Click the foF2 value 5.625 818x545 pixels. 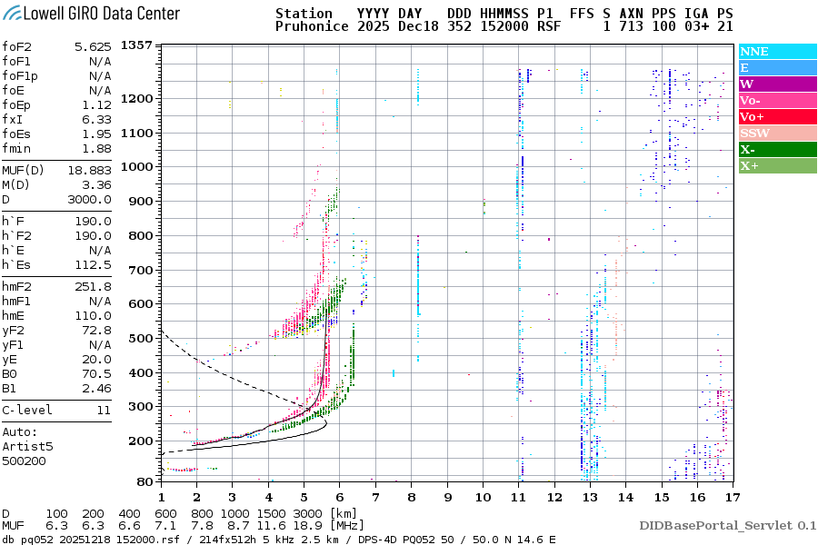(x=93, y=46)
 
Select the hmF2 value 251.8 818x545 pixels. (x=95, y=286)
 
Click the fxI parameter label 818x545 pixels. (x=13, y=119)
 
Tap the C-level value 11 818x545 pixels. (x=104, y=410)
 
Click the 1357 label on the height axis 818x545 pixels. (x=136, y=45)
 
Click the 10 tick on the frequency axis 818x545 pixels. (x=483, y=497)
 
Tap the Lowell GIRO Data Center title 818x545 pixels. (x=92, y=13)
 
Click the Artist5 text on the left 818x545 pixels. (x=27, y=446)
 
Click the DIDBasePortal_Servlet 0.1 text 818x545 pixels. (x=727, y=525)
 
